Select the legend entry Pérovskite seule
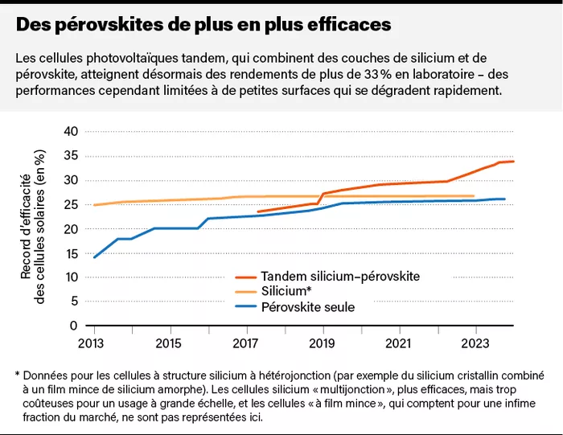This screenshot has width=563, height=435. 308,307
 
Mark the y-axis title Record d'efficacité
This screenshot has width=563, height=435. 25,227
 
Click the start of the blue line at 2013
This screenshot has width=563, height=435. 95,257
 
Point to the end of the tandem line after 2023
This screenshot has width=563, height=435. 514,162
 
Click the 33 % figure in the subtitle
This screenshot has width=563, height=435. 369,76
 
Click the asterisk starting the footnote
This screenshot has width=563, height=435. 17,375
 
